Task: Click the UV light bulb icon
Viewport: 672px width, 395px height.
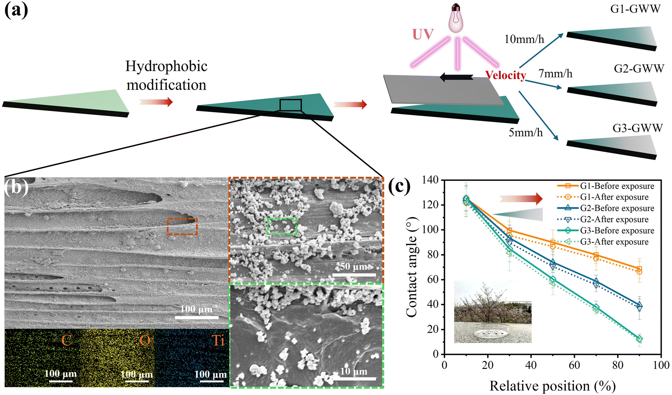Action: click(457, 18)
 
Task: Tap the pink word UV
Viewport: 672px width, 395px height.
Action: click(423, 34)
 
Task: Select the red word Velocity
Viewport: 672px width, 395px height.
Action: click(505, 75)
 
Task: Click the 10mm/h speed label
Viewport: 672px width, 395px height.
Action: click(524, 39)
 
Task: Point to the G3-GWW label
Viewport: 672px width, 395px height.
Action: click(637, 128)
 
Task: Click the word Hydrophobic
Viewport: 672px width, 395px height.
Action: click(166, 66)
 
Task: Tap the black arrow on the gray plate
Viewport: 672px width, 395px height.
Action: click(456, 78)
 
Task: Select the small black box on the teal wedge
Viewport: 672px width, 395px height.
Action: click(290, 105)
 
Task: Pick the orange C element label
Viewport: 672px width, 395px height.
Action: click(66, 340)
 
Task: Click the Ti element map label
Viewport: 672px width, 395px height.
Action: click(218, 340)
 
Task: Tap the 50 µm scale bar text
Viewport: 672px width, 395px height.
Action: click(354, 266)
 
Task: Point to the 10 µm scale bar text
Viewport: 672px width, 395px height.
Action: click(354, 371)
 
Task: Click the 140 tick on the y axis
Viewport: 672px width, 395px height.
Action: click(430, 180)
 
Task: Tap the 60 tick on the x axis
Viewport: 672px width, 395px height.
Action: click(574, 365)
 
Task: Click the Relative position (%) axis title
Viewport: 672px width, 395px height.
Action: click(553, 386)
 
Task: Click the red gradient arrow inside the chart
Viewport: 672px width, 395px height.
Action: click(521, 199)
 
